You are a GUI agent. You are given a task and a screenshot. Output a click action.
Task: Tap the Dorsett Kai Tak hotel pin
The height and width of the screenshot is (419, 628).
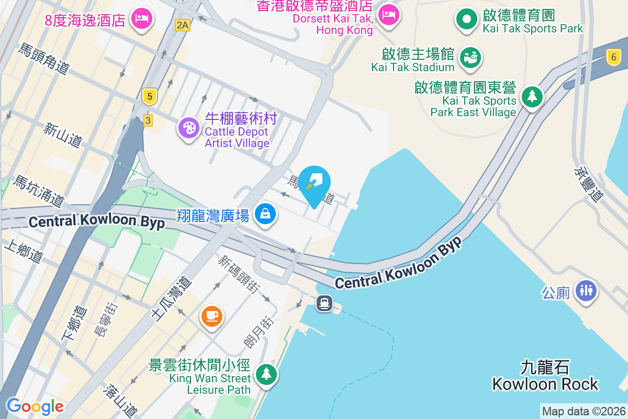(388, 15)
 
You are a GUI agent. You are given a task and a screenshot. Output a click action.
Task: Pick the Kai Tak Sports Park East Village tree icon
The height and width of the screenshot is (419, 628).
(532, 96)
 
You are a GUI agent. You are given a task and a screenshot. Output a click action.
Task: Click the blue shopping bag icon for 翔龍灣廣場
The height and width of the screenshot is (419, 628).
(265, 214)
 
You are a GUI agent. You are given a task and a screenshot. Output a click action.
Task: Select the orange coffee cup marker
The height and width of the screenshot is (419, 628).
(212, 316)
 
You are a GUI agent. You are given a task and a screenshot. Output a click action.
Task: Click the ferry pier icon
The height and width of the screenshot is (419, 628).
(324, 303)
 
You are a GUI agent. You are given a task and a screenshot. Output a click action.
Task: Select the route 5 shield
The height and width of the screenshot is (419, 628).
(150, 96)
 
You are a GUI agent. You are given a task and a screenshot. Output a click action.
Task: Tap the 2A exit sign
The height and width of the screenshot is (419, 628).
(182, 25)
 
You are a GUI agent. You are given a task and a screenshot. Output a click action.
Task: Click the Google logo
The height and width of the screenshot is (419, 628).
(35, 406)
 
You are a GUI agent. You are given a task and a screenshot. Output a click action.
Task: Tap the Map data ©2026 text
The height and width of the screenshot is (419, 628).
(583, 412)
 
